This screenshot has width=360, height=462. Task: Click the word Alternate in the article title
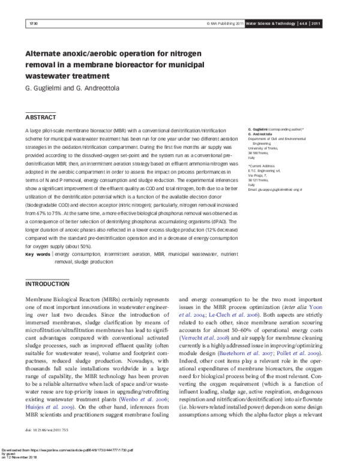(46, 53)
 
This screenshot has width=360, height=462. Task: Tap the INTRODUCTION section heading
(49, 284)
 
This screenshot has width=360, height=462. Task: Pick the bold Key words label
(37, 255)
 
